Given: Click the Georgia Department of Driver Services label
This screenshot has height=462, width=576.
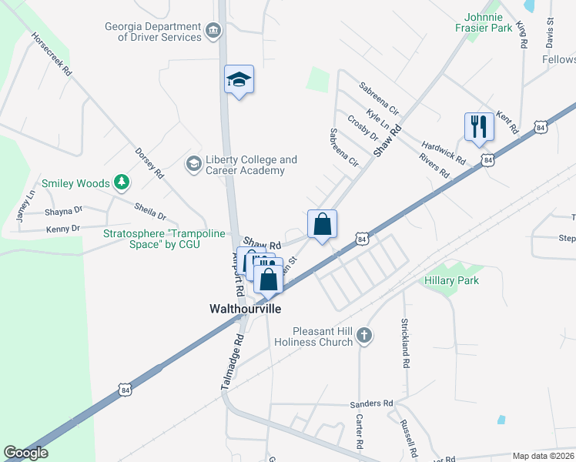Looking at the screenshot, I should pyautogui.click(x=153, y=32).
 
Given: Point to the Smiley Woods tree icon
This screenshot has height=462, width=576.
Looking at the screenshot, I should pyautogui.click(x=121, y=182).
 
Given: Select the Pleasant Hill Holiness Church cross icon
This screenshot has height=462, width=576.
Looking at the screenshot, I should pyautogui.click(x=365, y=335).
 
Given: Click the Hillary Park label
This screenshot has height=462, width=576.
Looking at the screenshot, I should pyautogui.click(x=451, y=280).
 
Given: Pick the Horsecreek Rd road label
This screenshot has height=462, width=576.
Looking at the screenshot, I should pyautogui.click(x=52, y=53).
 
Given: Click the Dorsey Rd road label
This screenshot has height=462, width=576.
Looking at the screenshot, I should pyautogui.click(x=149, y=163).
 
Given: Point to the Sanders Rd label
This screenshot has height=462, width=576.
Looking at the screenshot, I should pyautogui.click(x=371, y=403).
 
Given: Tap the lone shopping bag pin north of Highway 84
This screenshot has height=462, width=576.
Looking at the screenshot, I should pyautogui.click(x=323, y=225).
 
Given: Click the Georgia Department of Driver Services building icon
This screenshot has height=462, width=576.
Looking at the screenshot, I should pyautogui.click(x=213, y=32).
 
